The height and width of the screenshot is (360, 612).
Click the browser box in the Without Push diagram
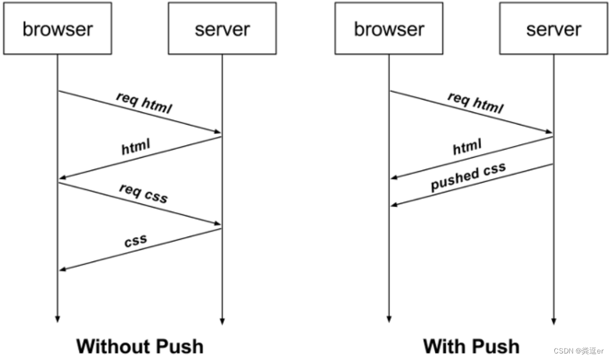click(58, 28)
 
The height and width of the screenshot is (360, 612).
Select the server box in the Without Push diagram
click(222, 28)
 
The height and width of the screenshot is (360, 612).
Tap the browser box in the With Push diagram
click(389, 28)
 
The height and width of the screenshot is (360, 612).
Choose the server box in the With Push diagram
click(553, 28)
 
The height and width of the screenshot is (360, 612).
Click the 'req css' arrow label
click(143, 193)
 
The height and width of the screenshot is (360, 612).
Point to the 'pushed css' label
click(469, 177)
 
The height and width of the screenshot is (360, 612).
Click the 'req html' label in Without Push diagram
click(144, 103)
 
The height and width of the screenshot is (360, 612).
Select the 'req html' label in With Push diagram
click(476, 103)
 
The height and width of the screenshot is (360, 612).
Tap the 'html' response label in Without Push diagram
click(135, 147)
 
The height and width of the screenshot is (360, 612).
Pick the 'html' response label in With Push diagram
click(467, 147)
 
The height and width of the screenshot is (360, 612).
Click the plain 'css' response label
click(135, 240)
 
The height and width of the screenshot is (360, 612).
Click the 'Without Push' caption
click(140, 346)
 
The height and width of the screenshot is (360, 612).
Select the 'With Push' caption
click(471, 346)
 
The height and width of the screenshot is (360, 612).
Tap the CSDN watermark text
click(578, 351)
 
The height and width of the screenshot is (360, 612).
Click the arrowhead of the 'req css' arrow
click(218, 224)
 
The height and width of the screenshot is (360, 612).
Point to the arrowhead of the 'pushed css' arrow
click(394, 204)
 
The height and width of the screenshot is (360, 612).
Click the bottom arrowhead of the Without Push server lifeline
click(222, 321)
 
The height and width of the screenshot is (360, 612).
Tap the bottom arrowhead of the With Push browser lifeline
click(389, 319)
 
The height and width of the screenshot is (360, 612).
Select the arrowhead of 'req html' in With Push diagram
click(549, 132)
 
